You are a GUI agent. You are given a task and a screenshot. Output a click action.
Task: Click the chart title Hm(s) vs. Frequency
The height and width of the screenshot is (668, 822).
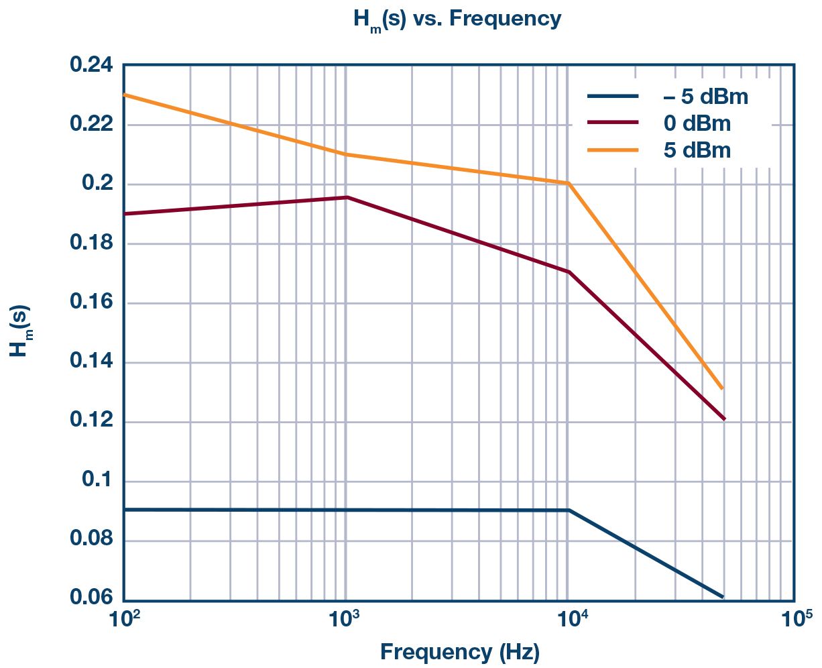[457, 19]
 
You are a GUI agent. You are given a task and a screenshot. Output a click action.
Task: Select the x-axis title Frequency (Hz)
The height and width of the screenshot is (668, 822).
[459, 652]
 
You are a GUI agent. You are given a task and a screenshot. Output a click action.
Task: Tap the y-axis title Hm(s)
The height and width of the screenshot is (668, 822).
[20, 331]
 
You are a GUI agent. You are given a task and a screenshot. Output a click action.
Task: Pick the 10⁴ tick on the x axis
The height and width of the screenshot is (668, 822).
[569, 618]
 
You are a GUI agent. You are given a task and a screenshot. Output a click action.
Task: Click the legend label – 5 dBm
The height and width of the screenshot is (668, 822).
[705, 97]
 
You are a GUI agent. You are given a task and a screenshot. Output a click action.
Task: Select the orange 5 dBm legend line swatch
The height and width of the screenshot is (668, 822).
[612, 150]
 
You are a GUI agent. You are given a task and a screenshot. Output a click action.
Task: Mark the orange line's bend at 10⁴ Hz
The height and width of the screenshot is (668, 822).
[569, 183]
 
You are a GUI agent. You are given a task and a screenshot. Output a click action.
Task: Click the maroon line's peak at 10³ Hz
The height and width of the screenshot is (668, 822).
[347, 197]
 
